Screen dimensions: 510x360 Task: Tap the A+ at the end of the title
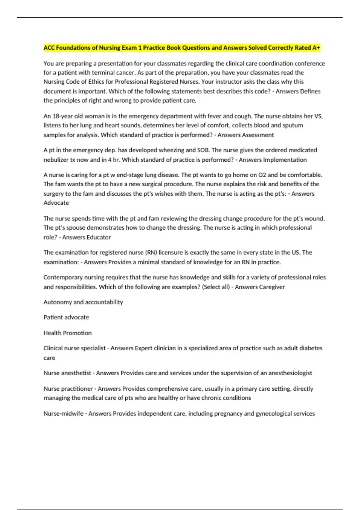[316, 48]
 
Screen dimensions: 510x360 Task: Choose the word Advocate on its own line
[56, 203]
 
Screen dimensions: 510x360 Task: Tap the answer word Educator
[99, 237]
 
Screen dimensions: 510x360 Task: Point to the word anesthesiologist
[290, 373]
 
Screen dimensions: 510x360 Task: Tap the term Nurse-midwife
[64, 413]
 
